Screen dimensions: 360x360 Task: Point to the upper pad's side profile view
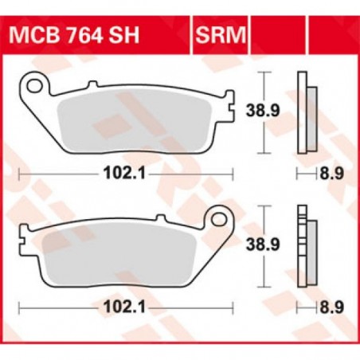click(x=302, y=112)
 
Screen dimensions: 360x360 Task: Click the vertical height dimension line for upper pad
click(x=264, y=112)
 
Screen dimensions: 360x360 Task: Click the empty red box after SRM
click(x=270, y=36)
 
